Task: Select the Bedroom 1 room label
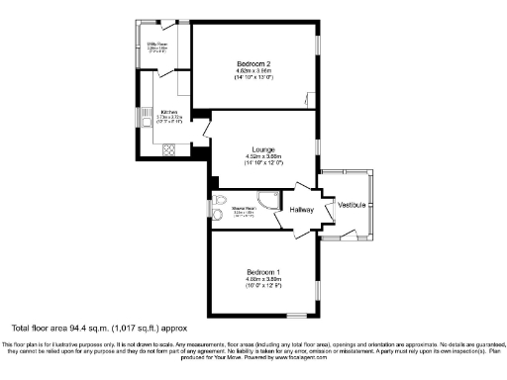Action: (x=264, y=271)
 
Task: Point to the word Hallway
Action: (x=301, y=210)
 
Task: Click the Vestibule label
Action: (x=352, y=204)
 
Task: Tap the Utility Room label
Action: (x=156, y=43)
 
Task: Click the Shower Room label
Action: (x=243, y=208)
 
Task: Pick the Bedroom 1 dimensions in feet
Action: (x=264, y=287)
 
